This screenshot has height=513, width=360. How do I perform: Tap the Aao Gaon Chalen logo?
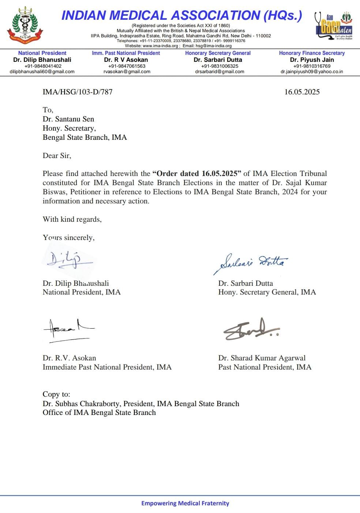(333, 26)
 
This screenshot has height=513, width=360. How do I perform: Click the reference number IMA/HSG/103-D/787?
(78, 92)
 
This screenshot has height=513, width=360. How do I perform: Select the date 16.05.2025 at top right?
(302, 92)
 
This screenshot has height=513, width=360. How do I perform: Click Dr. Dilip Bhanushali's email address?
(42, 72)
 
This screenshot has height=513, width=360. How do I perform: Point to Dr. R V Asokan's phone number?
(127, 66)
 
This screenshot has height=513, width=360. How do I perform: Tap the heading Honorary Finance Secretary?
(312, 53)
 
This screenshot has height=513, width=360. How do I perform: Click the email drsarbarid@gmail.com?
(220, 72)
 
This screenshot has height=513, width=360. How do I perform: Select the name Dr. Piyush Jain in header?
(312, 60)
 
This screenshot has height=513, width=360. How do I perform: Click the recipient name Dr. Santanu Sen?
(68, 119)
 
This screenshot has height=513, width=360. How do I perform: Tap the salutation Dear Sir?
(57, 156)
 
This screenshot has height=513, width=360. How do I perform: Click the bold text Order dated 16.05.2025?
(198, 173)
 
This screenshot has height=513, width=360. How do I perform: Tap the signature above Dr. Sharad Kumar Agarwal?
(251, 329)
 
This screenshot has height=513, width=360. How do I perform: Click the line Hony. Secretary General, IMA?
(267, 292)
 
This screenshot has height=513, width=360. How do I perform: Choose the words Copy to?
(56, 394)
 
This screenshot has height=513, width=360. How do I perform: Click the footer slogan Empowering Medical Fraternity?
(185, 503)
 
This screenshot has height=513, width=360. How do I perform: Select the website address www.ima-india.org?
(160, 46)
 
